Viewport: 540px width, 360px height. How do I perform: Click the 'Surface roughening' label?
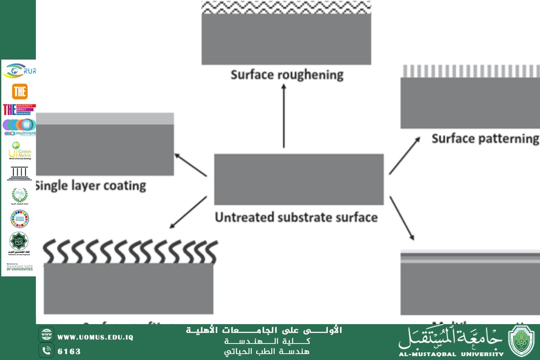(x=287, y=75)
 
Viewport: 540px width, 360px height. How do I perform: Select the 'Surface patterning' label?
(x=485, y=138)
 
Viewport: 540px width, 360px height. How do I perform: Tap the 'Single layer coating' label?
(x=91, y=185)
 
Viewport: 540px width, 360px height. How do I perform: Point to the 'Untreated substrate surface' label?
(x=296, y=217)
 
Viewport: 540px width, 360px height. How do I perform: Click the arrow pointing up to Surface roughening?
(x=283, y=116)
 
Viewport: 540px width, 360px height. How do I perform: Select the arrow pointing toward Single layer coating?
(x=190, y=165)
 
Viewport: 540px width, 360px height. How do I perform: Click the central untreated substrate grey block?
(x=299, y=179)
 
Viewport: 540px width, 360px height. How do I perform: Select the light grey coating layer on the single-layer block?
(x=105, y=119)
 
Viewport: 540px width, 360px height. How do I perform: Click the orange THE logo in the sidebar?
(x=19, y=92)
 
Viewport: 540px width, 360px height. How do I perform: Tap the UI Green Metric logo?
(x=20, y=151)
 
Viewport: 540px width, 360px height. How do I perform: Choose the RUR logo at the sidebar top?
(x=19, y=70)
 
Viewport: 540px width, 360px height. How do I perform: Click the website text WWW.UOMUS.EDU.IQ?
(x=95, y=337)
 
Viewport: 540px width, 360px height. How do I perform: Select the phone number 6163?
(x=69, y=352)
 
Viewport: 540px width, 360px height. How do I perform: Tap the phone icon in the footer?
(x=46, y=350)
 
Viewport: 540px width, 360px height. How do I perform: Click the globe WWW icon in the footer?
(x=46, y=335)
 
